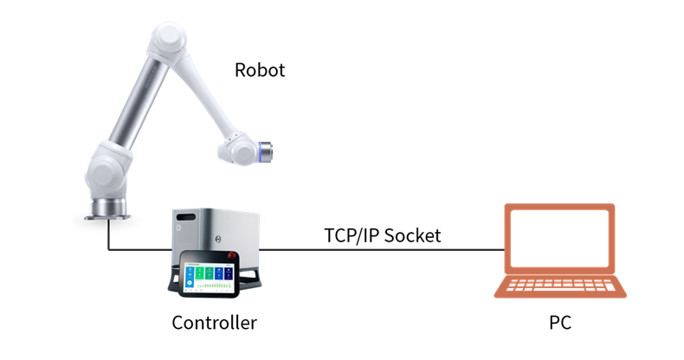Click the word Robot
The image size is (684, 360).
260,70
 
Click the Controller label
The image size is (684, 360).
214,323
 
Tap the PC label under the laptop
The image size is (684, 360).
560,323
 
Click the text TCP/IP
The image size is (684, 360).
350,235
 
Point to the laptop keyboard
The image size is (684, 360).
560,286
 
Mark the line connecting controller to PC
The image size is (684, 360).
381,249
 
